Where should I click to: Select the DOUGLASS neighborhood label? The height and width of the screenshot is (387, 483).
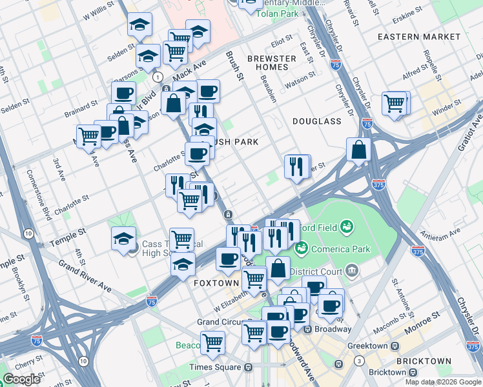pos(316,121)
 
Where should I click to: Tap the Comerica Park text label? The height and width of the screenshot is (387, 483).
pos(327,248)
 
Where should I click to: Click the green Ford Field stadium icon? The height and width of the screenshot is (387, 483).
pos(347,226)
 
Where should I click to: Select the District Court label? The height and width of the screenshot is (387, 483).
pos(316,271)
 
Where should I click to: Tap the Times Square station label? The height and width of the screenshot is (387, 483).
pos(213,367)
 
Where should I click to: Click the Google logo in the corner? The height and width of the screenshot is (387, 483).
pos(21,379)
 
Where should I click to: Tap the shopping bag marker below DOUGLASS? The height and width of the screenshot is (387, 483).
pos(358,150)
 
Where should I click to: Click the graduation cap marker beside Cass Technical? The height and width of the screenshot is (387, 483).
pos(123,239)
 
